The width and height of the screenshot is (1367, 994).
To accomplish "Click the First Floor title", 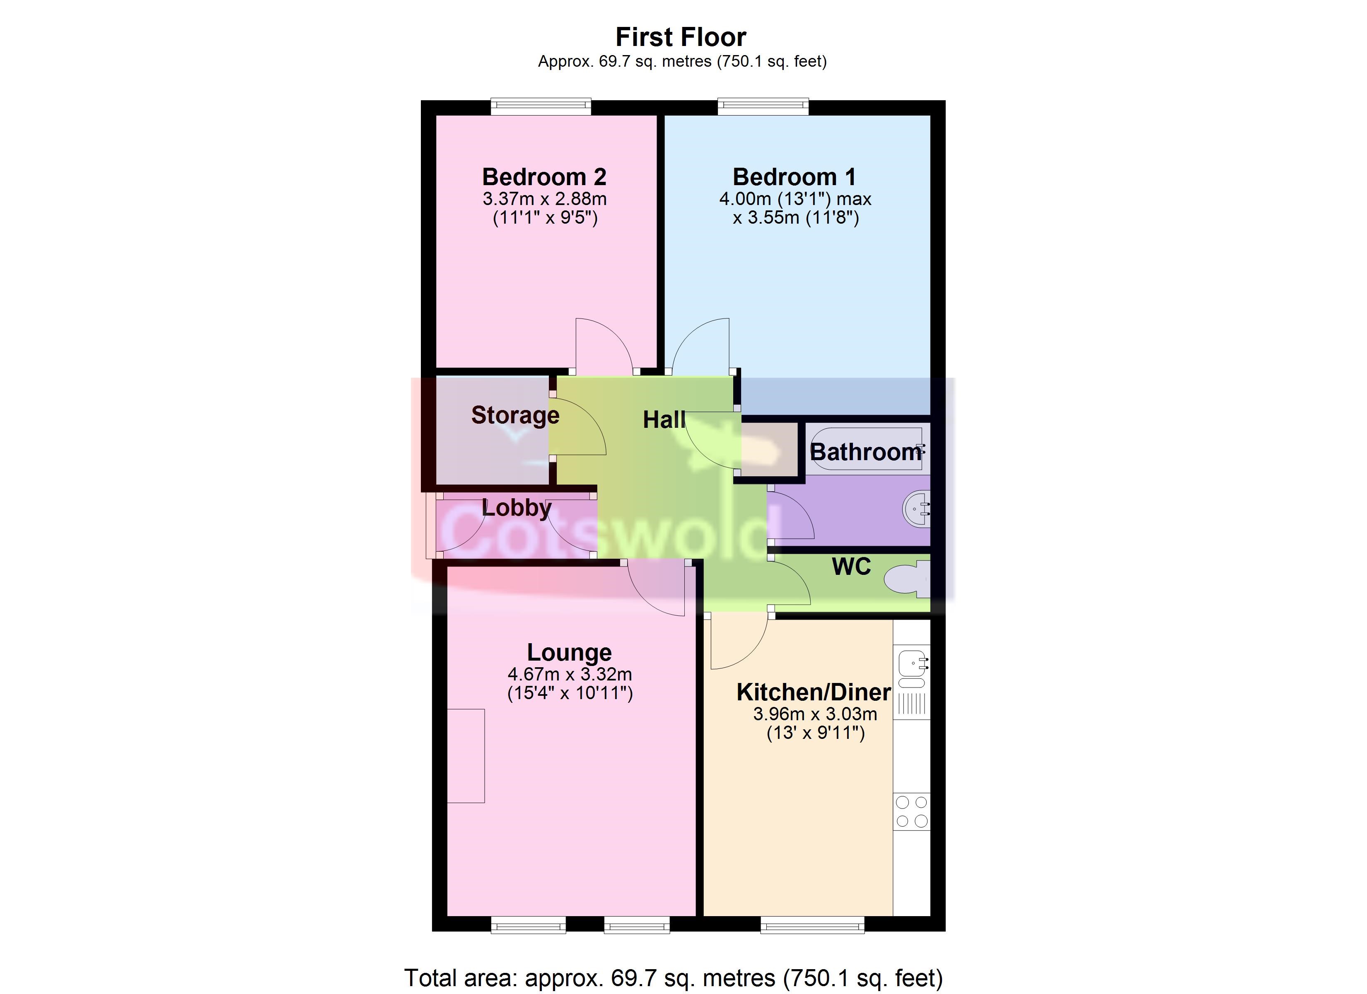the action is point(681,37).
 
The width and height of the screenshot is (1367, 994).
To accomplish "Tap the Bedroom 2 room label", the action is point(544,176).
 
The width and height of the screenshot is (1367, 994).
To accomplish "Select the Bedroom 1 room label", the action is point(795,176).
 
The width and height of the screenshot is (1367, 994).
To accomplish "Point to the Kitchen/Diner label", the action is point(814,692).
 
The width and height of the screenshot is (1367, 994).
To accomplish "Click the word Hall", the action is point(664,420).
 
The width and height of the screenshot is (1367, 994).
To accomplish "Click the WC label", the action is point(851,567).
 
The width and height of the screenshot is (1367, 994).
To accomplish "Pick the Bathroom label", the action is point(865,452).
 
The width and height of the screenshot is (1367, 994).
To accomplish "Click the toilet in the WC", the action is point(907,579).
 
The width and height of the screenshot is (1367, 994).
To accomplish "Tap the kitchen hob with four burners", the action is point(911,811).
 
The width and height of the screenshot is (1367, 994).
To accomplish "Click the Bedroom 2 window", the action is point(541,107).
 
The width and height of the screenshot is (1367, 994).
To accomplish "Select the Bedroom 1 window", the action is point(763,107).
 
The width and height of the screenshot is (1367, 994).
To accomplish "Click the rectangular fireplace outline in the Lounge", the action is point(466,756).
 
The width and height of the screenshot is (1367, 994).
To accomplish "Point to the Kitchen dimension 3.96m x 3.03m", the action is point(815,714).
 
